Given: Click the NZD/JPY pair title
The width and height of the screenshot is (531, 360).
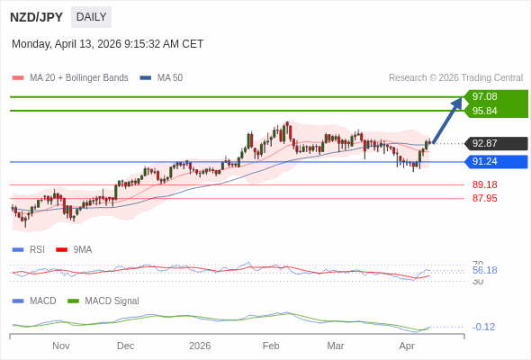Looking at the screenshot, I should (x=36, y=17).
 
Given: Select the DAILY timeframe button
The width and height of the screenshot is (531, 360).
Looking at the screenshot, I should (x=91, y=17).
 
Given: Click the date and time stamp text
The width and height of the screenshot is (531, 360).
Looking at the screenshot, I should (x=107, y=44).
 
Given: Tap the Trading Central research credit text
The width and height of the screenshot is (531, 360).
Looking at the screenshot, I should (x=455, y=78).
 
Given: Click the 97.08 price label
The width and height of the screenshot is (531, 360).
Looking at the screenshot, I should (x=485, y=96).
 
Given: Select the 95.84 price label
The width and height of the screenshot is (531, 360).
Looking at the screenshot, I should (x=485, y=111).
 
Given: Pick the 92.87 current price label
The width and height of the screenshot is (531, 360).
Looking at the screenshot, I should (x=485, y=143).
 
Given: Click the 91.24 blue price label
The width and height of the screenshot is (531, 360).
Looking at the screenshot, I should (x=485, y=162).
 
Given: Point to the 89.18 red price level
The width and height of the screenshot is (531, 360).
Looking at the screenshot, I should (x=485, y=184).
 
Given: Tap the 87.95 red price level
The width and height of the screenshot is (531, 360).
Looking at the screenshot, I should (x=485, y=198).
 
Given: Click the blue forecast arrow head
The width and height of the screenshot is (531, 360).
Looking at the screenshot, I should (x=457, y=103).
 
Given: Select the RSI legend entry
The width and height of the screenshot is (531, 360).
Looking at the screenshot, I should (x=37, y=249).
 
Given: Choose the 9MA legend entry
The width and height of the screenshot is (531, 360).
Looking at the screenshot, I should (x=82, y=249).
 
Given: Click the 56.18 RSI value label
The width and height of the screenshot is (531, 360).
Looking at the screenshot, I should (x=485, y=270).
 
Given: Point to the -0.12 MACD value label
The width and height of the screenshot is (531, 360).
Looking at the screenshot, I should (x=484, y=327).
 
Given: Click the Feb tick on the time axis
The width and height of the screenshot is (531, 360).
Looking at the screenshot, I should (x=271, y=346).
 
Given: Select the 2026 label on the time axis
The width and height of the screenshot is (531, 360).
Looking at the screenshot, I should (x=200, y=346).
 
